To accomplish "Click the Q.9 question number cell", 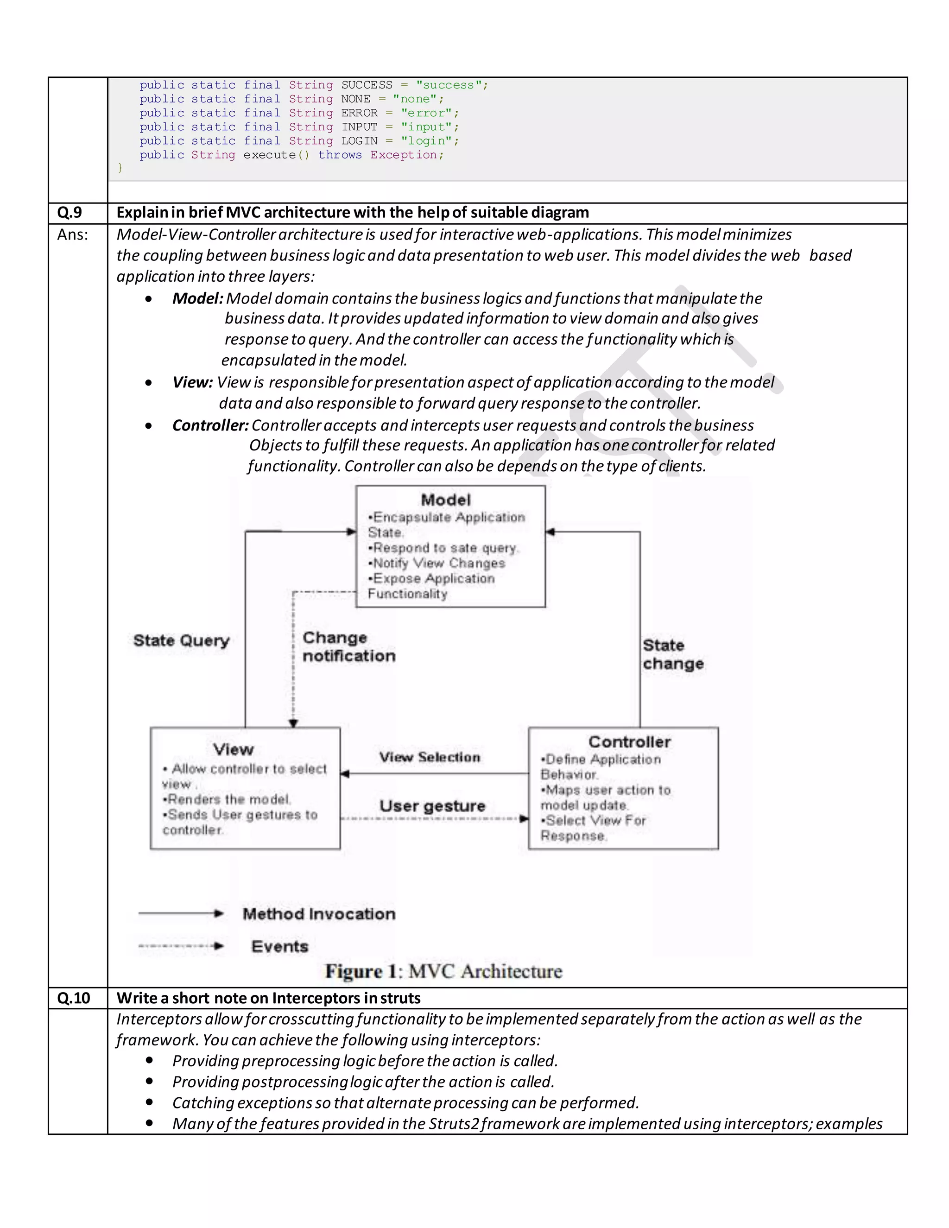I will (70, 213).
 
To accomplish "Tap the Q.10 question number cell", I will (74, 998).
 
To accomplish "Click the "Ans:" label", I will (73, 234).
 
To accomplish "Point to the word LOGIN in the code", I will (359, 140).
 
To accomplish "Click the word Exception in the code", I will (404, 155).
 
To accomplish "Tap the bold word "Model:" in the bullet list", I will (197, 298).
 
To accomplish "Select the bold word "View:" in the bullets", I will (192, 382).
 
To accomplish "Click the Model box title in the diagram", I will (446, 500).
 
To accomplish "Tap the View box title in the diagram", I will (234, 749).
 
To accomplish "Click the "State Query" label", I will (182, 640).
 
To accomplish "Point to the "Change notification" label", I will (348, 646).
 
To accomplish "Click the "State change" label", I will (672, 654).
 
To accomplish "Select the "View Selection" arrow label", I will (430, 757).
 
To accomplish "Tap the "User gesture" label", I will (432, 806).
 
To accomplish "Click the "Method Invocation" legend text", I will (319, 914).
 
